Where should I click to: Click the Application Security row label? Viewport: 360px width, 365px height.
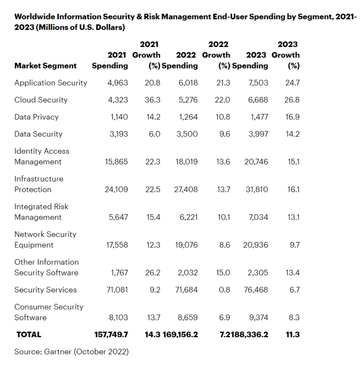[x=51, y=83]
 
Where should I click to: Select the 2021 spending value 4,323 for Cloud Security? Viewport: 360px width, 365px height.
[x=118, y=100]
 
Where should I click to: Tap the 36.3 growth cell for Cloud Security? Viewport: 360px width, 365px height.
[x=152, y=100]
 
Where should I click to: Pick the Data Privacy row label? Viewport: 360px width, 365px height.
[x=36, y=117]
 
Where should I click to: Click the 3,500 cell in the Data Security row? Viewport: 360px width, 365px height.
[x=187, y=134]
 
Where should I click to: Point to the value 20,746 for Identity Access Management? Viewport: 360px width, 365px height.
[x=256, y=162]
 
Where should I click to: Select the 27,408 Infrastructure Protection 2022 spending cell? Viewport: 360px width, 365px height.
[x=186, y=189]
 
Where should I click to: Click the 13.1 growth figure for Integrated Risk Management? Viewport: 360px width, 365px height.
[x=293, y=217]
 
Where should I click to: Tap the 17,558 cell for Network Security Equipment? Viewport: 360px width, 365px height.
[x=117, y=245]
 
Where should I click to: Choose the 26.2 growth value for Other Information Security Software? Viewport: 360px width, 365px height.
[x=153, y=273]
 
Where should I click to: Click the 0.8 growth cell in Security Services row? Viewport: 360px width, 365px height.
[x=224, y=290]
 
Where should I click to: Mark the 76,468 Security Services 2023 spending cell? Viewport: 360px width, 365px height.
[x=256, y=290]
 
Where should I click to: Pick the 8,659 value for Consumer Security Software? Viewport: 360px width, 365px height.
[x=187, y=318]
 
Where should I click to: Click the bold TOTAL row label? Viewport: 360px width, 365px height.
[x=29, y=334]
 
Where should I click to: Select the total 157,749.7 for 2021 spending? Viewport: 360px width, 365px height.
[x=111, y=334]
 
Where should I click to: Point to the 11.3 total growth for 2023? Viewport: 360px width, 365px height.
[x=293, y=334]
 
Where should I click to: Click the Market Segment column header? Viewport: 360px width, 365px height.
[x=45, y=66]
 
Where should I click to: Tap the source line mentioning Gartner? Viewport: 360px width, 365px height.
[x=72, y=352]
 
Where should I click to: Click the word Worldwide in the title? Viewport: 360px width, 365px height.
[x=35, y=17]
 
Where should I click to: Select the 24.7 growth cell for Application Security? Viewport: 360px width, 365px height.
[x=292, y=83]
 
